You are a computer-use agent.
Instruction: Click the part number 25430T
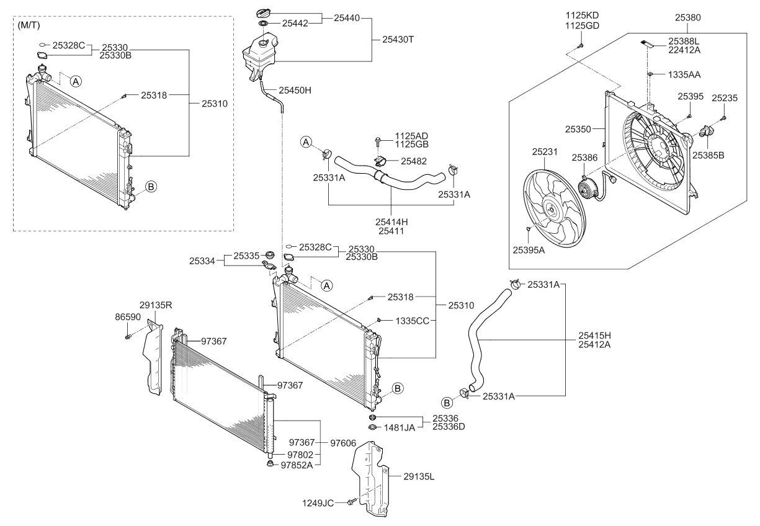point(393,39)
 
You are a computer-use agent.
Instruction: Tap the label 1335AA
point(684,74)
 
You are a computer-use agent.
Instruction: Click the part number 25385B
point(708,155)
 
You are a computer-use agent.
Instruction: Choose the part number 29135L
point(419,476)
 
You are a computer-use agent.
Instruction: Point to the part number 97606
point(343,443)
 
